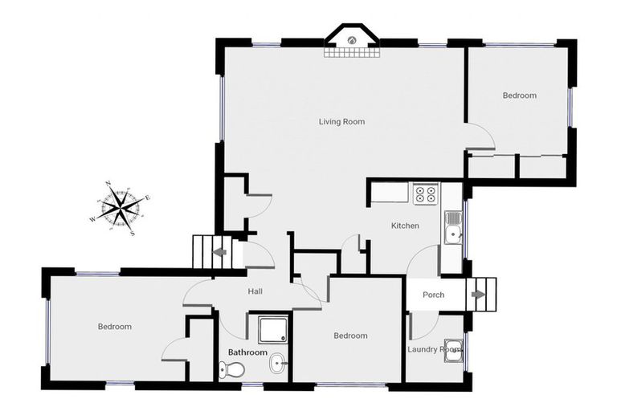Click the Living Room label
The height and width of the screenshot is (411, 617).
341,122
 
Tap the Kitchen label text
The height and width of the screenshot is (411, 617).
405,226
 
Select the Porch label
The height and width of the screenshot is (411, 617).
433,295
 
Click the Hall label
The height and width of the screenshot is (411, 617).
255,291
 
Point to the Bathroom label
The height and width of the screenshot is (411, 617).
247,352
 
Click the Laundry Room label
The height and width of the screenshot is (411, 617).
434,349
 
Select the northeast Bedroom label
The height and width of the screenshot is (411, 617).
519,96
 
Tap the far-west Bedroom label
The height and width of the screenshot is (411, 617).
114,327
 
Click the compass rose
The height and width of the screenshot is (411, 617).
120,209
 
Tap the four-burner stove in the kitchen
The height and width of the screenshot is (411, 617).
425,193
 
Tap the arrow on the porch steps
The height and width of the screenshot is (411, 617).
478,295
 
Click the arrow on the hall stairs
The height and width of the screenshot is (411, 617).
219,253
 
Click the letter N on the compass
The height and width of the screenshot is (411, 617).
108,184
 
